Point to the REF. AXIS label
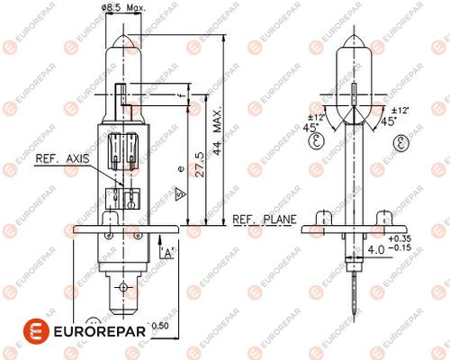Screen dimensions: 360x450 tap(62, 158)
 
